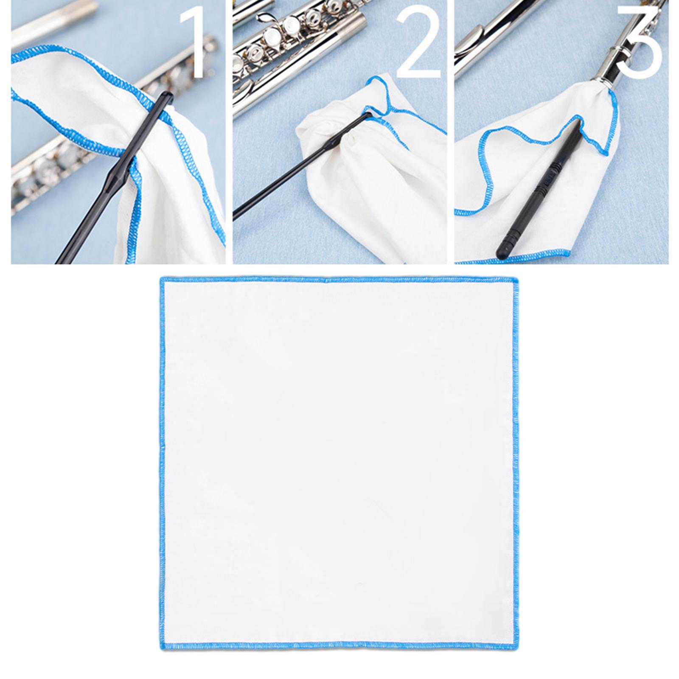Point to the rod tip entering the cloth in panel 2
click(367, 115)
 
